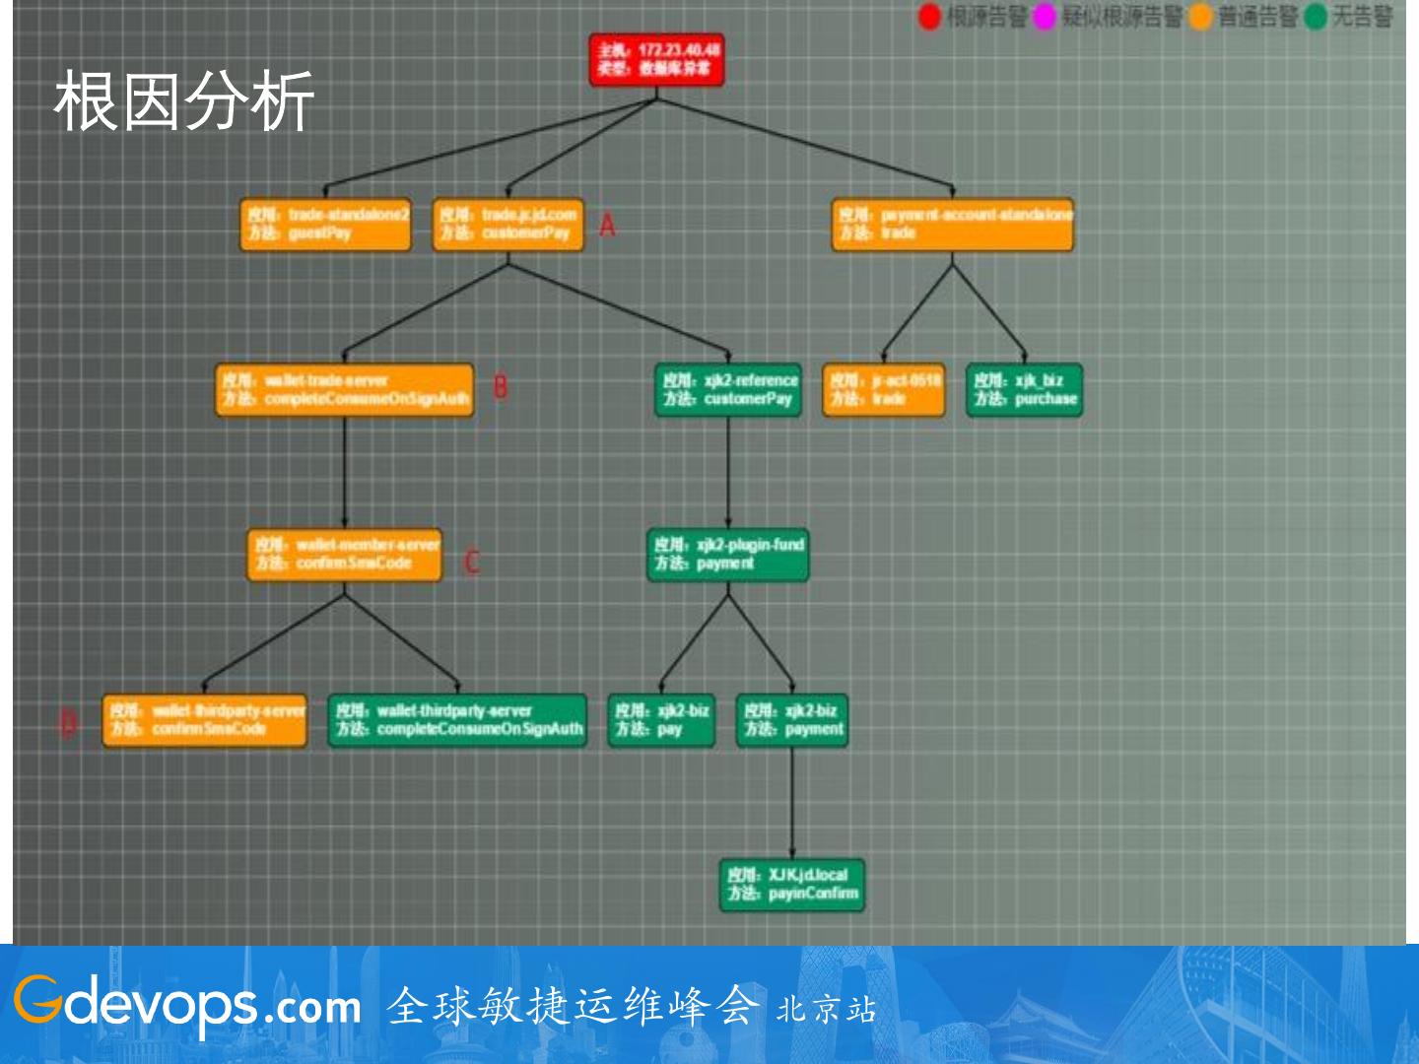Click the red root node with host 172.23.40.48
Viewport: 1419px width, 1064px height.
(x=657, y=59)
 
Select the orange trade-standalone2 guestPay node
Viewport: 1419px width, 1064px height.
(x=325, y=225)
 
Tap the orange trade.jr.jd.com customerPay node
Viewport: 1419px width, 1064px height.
(x=507, y=225)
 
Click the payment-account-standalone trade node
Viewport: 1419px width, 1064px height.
(x=952, y=225)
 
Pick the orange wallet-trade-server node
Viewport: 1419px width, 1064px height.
(x=344, y=390)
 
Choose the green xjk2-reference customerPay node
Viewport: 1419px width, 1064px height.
(x=728, y=390)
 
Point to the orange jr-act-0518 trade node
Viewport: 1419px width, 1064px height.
(x=884, y=390)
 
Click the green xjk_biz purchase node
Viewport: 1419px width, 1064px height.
(x=1024, y=390)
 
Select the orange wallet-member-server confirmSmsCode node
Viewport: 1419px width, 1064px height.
(x=344, y=555)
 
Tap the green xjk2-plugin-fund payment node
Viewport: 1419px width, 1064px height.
(x=728, y=555)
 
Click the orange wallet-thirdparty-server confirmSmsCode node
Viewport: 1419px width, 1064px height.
(x=205, y=720)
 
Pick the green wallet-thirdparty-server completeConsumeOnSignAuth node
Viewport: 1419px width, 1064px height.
(x=457, y=720)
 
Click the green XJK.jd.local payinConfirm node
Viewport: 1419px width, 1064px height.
(x=792, y=885)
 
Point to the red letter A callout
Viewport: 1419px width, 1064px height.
(x=607, y=226)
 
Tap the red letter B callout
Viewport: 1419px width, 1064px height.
(x=501, y=387)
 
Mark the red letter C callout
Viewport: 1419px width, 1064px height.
(x=472, y=563)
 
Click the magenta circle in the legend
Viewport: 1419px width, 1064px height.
(x=1045, y=17)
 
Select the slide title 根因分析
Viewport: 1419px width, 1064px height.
(x=184, y=101)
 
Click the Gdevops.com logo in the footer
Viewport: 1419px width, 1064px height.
(x=187, y=1004)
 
